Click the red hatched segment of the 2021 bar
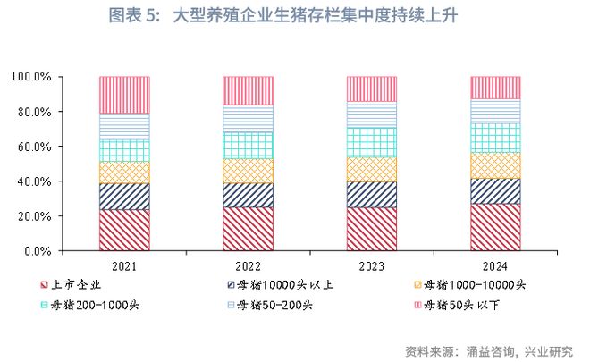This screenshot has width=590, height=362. [x=124, y=230]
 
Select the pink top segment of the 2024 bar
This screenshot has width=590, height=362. [x=495, y=88]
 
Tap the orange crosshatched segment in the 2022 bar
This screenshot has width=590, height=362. [x=249, y=171]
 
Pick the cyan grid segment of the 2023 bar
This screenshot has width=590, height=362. [x=372, y=142]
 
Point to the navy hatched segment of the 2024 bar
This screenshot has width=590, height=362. [x=495, y=191]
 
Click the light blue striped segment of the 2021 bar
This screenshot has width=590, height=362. [x=124, y=126]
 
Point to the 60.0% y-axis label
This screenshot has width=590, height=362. [x=33, y=147]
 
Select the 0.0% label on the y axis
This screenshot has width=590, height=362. [x=37, y=251]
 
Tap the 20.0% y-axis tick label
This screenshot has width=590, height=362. [x=33, y=216]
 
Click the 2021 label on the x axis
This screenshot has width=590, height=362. [x=124, y=266]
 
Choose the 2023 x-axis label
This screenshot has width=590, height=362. [x=372, y=266]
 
